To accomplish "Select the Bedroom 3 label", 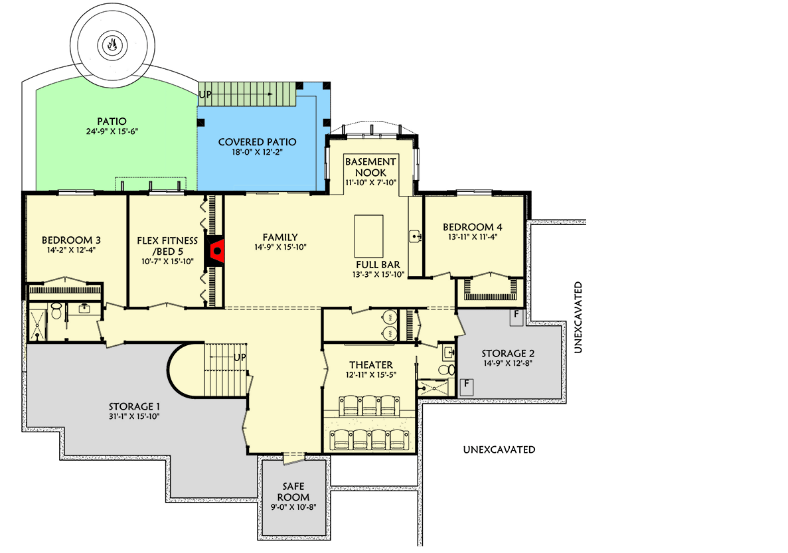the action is [x=71, y=240].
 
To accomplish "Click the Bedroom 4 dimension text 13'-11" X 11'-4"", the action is [x=473, y=237].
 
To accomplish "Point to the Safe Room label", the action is [x=293, y=492].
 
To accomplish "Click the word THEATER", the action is [x=371, y=365].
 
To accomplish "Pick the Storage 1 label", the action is [x=134, y=407].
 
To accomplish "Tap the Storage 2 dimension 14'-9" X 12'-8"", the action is [x=508, y=364].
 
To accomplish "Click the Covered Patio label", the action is [x=258, y=142].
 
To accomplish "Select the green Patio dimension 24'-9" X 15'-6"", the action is [x=112, y=131].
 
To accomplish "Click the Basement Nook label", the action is [x=371, y=167].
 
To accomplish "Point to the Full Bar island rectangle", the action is [x=369, y=236].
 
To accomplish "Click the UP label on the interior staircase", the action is [x=240, y=357].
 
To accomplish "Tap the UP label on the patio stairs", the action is [x=205, y=94].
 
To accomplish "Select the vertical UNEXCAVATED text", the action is [x=578, y=317].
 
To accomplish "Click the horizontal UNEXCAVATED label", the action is [x=499, y=449].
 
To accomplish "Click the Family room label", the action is [x=280, y=237].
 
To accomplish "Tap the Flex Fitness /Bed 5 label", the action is [x=167, y=246].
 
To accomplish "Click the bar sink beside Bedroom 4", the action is [x=415, y=235].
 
